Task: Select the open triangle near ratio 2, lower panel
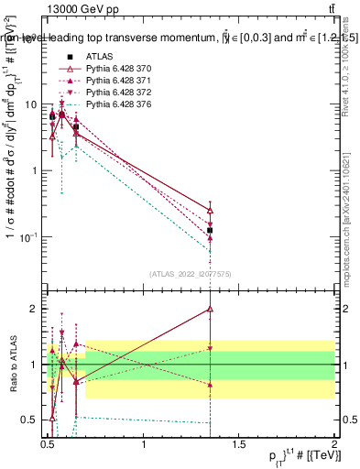coord(211,310)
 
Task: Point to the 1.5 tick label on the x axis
coord(238,446)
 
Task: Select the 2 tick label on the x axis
coord(333,446)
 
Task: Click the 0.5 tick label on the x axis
coord(48,446)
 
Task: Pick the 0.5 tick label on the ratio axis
coord(29,420)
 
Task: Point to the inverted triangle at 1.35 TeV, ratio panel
coord(211,349)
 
